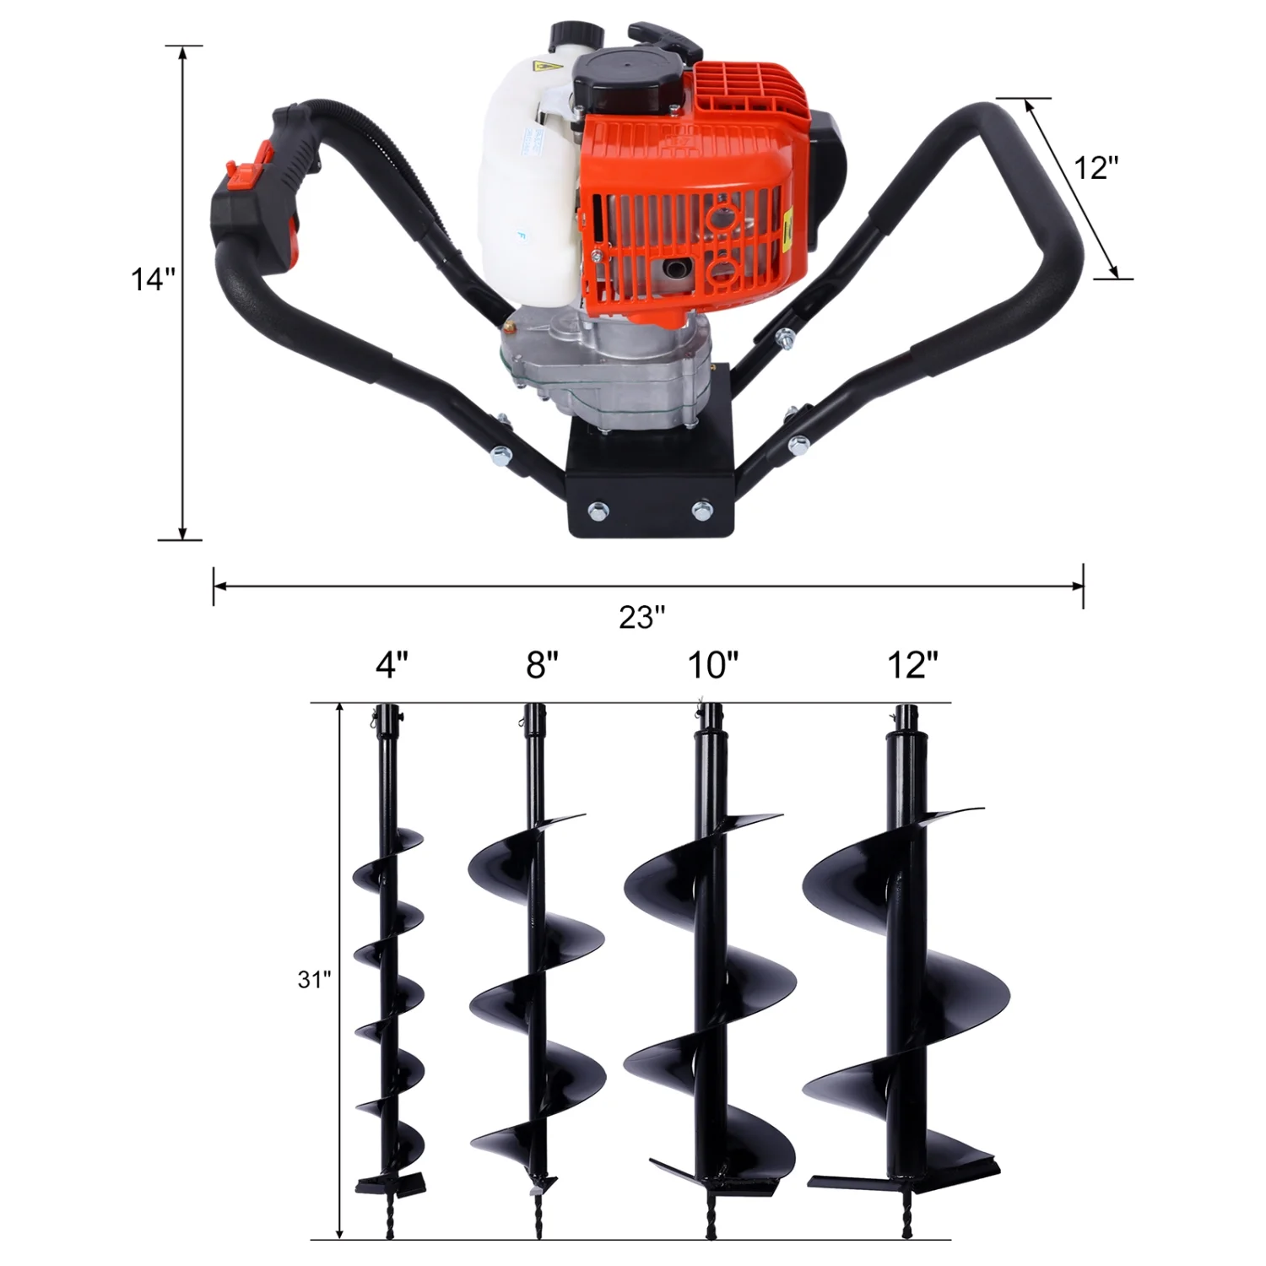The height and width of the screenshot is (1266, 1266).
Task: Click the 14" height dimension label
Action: pyautogui.click(x=153, y=279)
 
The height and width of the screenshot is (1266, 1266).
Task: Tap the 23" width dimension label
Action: pyautogui.click(x=641, y=617)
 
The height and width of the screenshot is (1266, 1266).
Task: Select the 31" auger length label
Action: pyautogui.click(x=314, y=979)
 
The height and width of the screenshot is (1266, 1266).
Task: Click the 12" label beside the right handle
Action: pyautogui.click(x=1096, y=168)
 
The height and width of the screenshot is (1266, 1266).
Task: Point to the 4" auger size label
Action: pyautogui.click(x=392, y=665)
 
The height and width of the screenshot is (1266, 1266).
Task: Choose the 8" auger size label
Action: pyautogui.click(x=542, y=665)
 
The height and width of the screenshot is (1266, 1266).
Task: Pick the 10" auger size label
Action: pyautogui.click(x=712, y=665)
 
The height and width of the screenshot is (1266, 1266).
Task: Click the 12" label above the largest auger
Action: pyautogui.click(x=912, y=665)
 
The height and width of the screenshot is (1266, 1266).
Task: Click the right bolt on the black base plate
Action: pyautogui.click(x=701, y=509)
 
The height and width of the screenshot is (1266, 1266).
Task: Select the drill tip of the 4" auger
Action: pyautogui.click(x=389, y=1215)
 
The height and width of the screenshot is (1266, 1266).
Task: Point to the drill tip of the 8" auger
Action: pyautogui.click(x=538, y=1215)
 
